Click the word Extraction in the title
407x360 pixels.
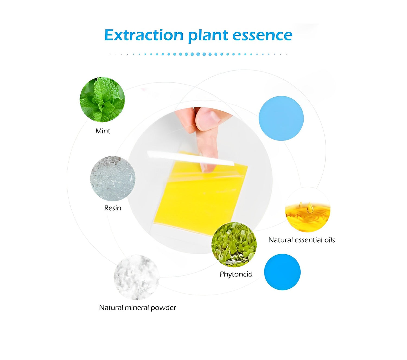pos(144,35)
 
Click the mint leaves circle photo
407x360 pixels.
pos(102,99)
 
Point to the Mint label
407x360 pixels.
pos(103,131)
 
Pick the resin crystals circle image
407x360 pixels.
pos(113,179)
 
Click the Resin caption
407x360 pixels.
pos(113,208)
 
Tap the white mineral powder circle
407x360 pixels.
pos(136,278)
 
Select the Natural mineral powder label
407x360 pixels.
pos(138,308)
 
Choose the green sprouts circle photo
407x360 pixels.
pos(234,245)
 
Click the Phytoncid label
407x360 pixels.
pos(236,274)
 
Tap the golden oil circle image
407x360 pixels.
pos(308,210)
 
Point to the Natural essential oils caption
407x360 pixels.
pos(301,240)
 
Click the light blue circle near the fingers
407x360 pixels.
pos(281,118)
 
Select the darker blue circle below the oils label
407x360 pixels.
pos(282,272)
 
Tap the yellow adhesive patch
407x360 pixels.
pos(201,197)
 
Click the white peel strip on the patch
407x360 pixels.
pos(191,158)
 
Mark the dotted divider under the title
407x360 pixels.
pos(198,54)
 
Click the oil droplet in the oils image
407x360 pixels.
pos(310,208)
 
